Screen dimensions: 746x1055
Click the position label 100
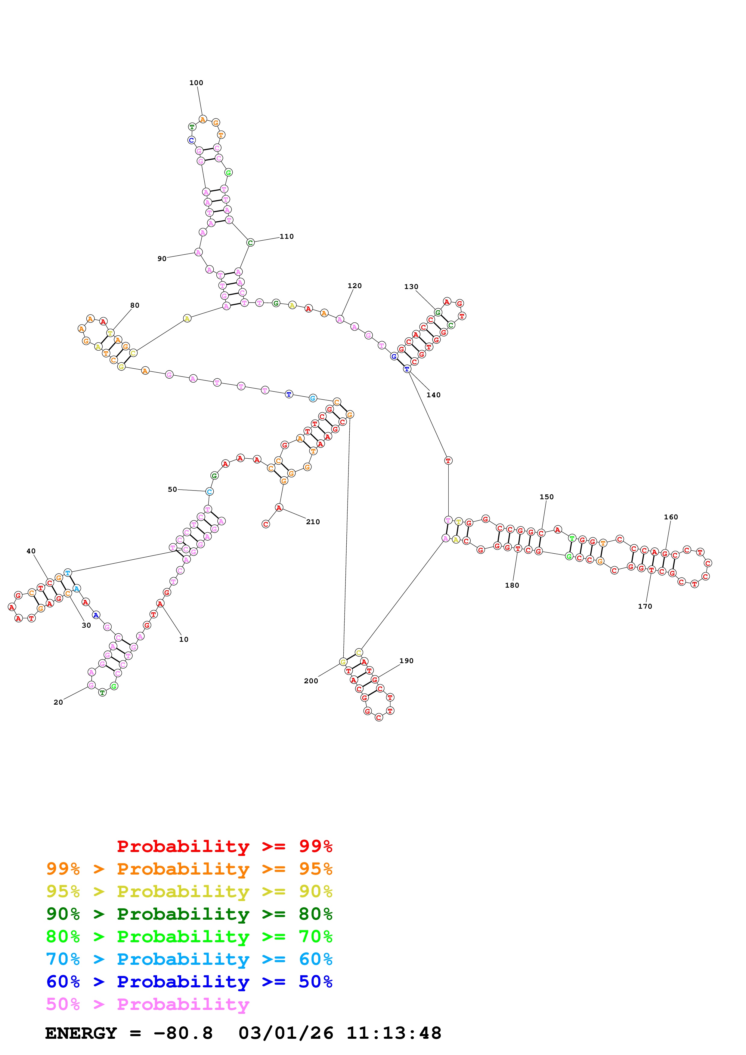click(x=196, y=83)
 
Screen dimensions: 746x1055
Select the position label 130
click(x=411, y=287)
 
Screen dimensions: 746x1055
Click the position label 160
click(x=671, y=517)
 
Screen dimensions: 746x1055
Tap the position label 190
click(x=406, y=661)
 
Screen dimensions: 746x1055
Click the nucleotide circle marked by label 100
click(x=203, y=119)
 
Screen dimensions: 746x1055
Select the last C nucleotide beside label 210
click(x=266, y=524)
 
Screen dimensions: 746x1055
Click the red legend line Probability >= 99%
click(x=224, y=846)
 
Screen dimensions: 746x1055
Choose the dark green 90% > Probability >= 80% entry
click(x=189, y=914)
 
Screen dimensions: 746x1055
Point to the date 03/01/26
click(x=286, y=1033)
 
